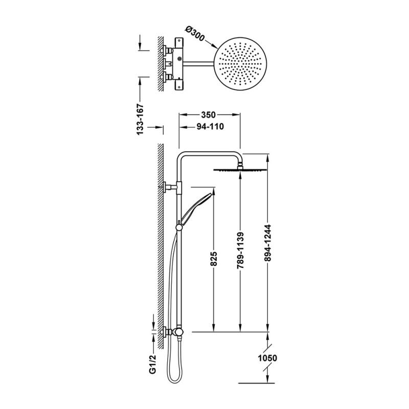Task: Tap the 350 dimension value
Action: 209,115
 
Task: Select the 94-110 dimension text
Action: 210,127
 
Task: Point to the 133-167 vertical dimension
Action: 141,120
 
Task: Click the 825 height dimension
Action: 214,259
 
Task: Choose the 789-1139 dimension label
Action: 240,250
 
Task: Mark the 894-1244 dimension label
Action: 268,243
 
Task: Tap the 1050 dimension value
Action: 267,358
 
